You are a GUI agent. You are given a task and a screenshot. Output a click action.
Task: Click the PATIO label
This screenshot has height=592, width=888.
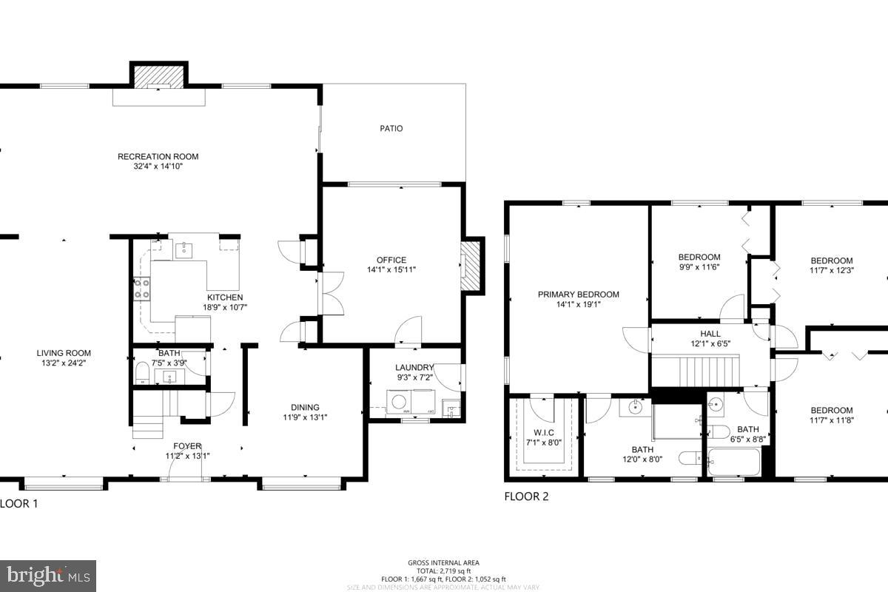391,129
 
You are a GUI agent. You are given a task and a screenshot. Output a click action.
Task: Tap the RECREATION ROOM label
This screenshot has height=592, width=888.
158,156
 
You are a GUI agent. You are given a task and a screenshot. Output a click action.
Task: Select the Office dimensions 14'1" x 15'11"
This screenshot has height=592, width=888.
391,270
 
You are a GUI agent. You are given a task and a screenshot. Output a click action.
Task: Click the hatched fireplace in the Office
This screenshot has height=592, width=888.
470,267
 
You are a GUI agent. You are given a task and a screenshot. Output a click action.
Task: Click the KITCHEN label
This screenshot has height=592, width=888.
225,297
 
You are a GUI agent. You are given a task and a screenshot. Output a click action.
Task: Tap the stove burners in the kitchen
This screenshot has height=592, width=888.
141,289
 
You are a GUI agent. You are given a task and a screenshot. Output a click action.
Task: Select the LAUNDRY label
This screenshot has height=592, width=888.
414,368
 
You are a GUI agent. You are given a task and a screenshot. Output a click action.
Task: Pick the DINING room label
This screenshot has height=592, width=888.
305,407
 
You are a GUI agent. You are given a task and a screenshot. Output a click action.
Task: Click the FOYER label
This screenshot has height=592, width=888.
187,446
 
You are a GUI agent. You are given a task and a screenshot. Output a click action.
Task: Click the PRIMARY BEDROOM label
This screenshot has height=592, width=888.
578,295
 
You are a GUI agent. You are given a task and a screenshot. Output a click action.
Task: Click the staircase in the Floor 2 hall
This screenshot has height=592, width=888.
696,368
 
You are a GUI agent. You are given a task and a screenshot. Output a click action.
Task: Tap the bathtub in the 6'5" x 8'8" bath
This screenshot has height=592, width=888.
733,462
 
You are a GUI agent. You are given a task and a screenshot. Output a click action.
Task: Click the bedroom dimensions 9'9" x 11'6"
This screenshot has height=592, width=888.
699,267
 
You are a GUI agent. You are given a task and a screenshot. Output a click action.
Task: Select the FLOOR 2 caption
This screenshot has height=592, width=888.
526,497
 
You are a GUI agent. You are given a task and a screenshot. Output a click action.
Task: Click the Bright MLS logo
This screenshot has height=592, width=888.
48,575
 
